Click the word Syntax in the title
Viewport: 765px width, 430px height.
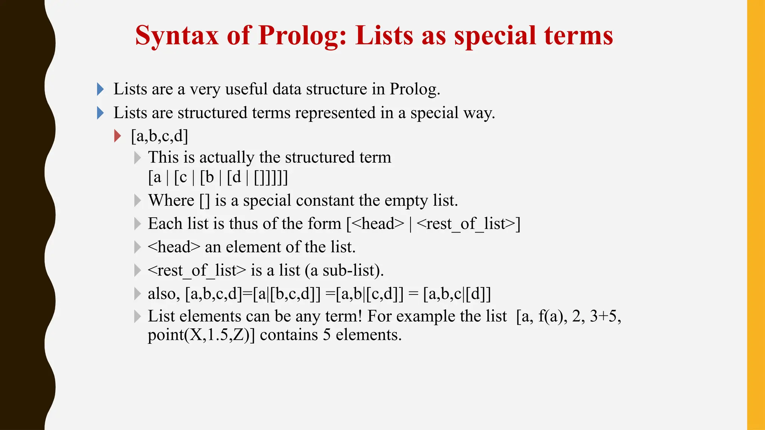[177, 36]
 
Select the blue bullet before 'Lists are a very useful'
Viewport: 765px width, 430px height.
[100, 89]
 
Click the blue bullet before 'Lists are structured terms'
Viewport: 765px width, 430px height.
[100, 113]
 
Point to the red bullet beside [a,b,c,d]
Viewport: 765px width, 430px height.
[118, 136]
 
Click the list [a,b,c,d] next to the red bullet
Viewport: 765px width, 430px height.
[159, 136]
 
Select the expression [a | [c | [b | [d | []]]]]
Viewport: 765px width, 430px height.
[218, 177]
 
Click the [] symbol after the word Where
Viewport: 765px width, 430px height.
[205, 201]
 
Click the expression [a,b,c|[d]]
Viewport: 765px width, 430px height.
[457, 294]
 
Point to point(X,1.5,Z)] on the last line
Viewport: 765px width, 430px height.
[201, 335]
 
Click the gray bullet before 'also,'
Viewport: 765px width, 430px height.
[137, 294]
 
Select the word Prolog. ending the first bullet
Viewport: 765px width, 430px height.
[415, 89]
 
